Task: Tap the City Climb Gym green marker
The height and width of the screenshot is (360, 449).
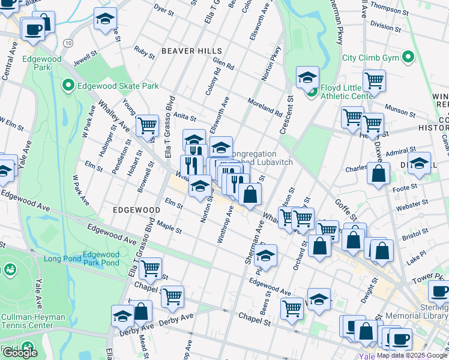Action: (408, 58)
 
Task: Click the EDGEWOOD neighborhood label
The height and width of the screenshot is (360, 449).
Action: (135, 211)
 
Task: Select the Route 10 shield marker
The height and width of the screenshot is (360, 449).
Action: (68, 43)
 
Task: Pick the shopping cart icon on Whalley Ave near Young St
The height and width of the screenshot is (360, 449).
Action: (147, 125)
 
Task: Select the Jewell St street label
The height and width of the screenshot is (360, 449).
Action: (86, 58)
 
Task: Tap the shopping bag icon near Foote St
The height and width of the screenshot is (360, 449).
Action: (378, 175)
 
